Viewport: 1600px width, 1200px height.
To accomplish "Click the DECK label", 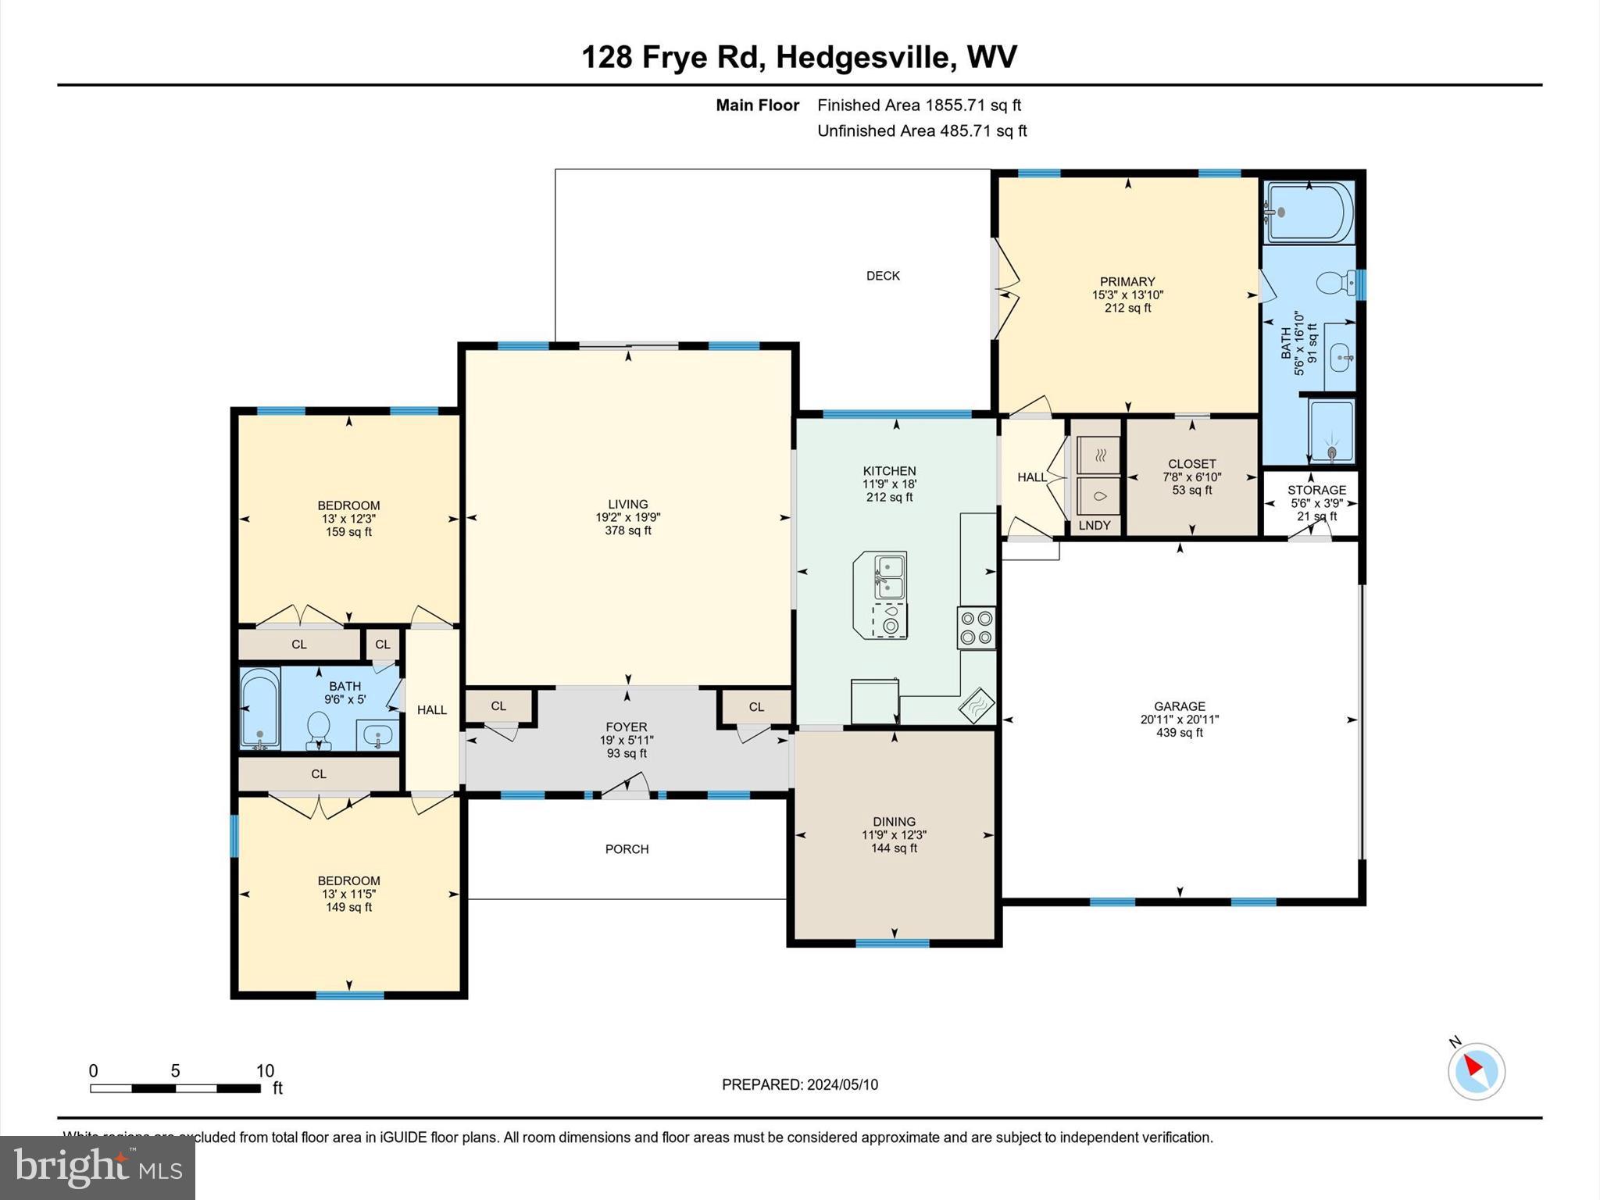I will point(883,276).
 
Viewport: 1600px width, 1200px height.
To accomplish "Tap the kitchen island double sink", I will point(889,577).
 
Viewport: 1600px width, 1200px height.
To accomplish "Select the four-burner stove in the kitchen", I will point(977,627).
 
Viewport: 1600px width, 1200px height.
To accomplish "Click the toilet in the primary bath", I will point(1337,283).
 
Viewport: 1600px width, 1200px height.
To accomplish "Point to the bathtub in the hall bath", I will point(259,709).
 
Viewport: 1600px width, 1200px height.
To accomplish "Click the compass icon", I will point(1476,1070).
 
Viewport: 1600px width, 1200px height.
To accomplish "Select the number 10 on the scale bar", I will point(265,1071).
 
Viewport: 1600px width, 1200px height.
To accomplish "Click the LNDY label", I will point(1094,526).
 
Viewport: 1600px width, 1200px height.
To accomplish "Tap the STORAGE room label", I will point(1316,491).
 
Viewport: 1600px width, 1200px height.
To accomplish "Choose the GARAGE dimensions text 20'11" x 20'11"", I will point(1179,720).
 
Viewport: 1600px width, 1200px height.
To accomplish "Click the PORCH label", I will point(627,849).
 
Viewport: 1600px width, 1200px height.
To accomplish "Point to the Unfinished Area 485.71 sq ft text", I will point(922,131).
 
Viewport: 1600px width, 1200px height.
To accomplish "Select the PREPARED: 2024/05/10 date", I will point(799,1084).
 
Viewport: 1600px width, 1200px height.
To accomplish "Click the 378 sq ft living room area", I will point(627,531).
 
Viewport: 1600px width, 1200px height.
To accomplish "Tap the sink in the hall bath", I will point(378,735).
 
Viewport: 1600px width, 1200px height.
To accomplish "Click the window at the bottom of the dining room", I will point(892,943).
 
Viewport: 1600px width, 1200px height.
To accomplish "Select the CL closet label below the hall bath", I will point(319,774).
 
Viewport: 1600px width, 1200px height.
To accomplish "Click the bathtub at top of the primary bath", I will point(1309,212).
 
